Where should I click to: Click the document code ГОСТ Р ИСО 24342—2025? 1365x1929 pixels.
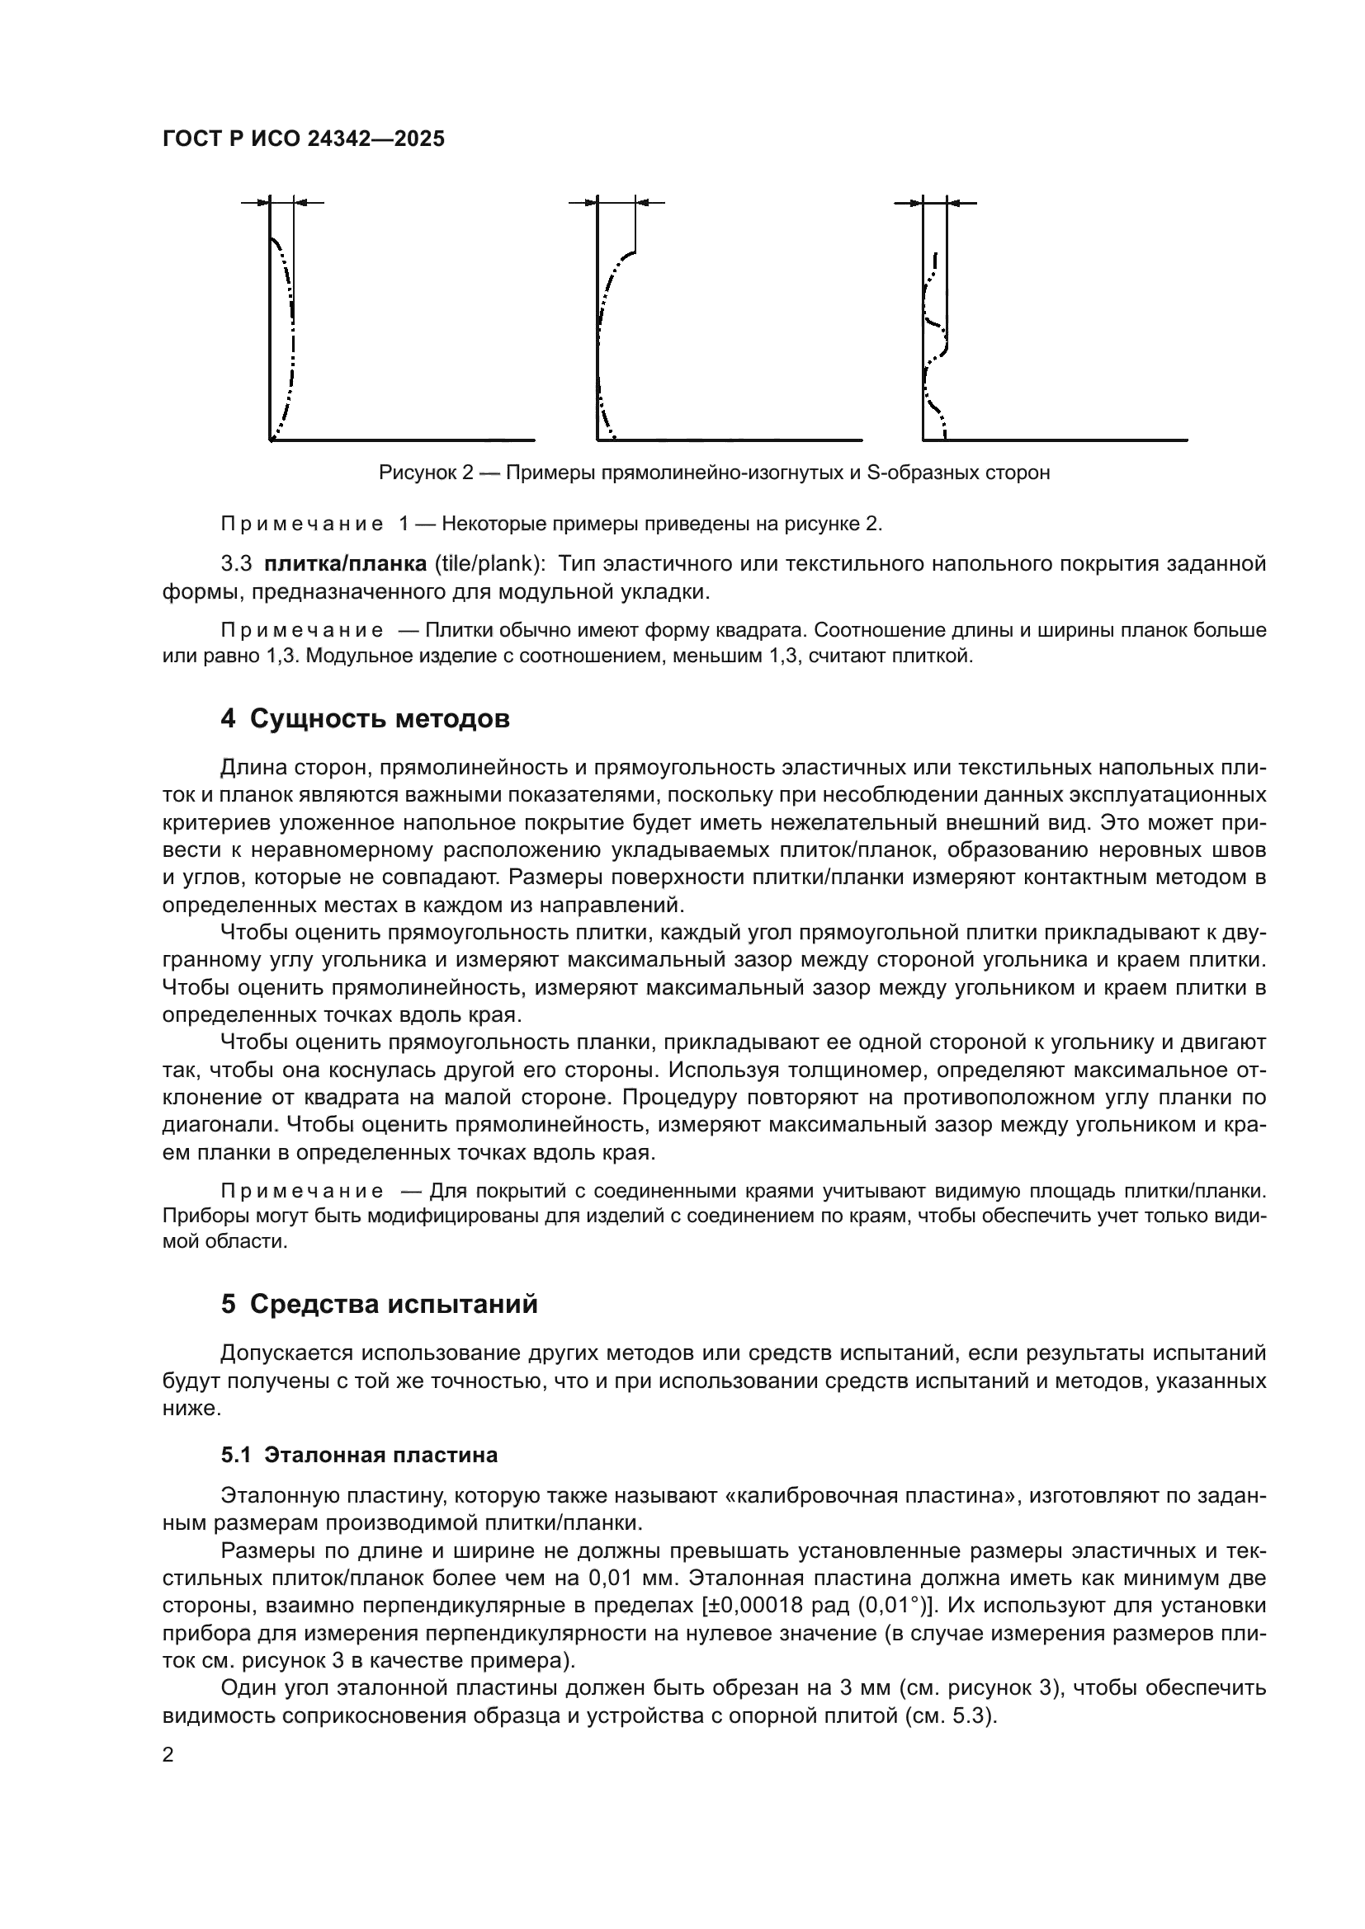click(304, 139)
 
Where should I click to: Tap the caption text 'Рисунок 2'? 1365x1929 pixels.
click(426, 473)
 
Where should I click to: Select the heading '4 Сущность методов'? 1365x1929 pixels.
click(365, 719)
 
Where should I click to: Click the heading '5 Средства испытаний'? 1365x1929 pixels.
click(379, 1305)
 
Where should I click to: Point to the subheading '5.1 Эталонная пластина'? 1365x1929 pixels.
click(359, 1455)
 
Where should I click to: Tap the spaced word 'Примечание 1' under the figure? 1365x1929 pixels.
click(314, 525)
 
